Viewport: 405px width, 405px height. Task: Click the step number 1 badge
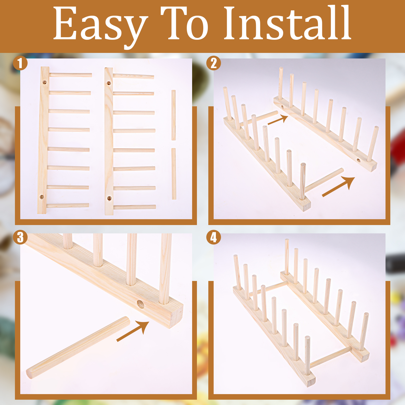click(x=20, y=63)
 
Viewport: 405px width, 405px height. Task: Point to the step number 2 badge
click(x=214, y=63)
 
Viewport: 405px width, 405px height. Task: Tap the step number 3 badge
click(x=20, y=237)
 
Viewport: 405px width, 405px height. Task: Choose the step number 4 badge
click(x=214, y=237)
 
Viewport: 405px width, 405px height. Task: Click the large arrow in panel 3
click(x=133, y=331)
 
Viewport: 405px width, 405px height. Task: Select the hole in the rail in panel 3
click(x=140, y=304)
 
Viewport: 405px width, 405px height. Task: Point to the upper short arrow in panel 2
click(x=278, y=120)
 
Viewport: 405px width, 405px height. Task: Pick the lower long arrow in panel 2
click(x=338, y=187)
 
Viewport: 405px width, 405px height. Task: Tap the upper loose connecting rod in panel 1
click(x=173, y=115)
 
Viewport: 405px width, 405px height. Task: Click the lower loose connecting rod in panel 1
click(x=174, y=174)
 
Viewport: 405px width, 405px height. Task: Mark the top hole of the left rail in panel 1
click(x=45, y=82)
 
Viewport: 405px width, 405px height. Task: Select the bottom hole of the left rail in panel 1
click(x=42, y=197)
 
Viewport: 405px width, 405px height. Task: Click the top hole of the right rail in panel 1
click(x=109, y=83)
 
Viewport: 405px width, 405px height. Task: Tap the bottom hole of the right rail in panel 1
click(x=109, y=198)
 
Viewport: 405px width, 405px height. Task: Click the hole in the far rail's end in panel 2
click(x=358, y=160)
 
